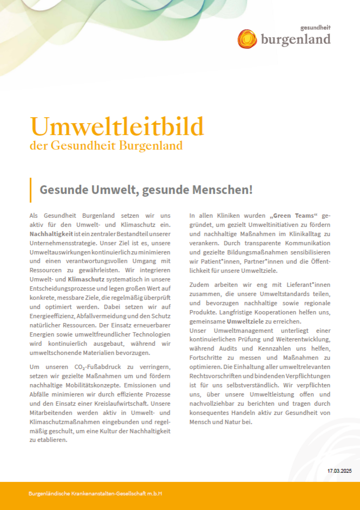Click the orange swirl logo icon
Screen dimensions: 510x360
click(247, 39)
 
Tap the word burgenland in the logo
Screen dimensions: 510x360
click(296, 39)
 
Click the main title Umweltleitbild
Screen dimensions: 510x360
click(117, 126)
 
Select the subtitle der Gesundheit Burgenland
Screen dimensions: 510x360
click(106, 146)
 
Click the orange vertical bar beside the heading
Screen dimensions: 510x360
click(31, 189)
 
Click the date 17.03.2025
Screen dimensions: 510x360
click(339, 471)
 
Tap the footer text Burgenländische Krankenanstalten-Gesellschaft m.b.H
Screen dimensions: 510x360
click(95, 494)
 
